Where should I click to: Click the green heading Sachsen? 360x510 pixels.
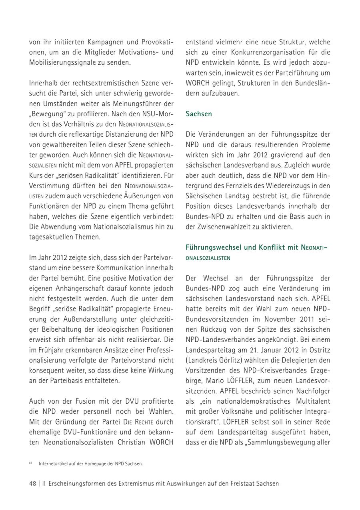[x=199, y=114]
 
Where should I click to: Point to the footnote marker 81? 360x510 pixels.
[x=30, y=463]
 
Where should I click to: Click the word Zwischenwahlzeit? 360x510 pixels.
[x=220, y=227]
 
